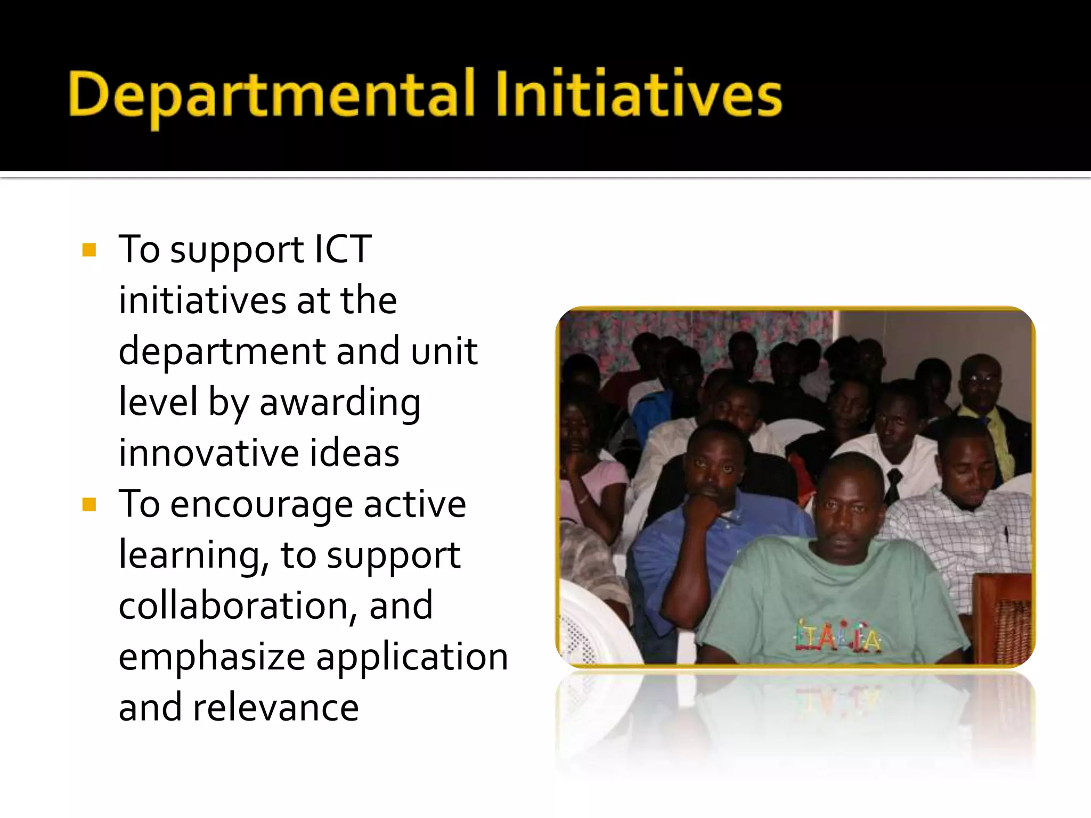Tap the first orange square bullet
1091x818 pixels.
tap(89, 250)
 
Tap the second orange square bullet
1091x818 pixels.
tap(89, 504)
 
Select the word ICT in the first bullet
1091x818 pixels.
tap(343, 249)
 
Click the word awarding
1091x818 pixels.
tap(340, 403)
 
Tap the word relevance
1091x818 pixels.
tap(276, 708)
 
